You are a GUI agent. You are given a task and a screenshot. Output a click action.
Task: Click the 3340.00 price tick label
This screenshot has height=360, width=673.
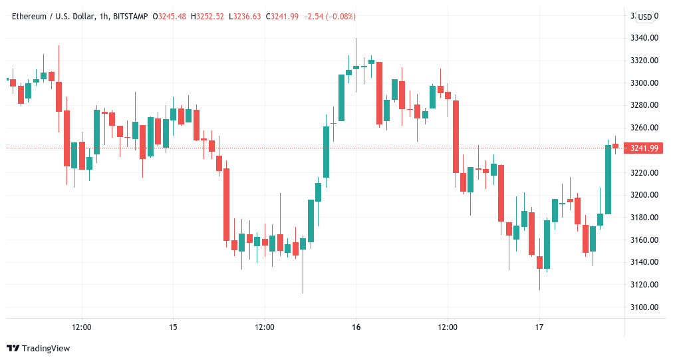click(x=644, y=38)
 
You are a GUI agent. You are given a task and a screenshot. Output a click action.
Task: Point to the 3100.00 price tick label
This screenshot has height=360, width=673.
click(x=644, y=307)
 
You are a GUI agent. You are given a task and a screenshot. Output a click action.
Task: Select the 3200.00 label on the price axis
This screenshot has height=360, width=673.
click(x=644, y=195)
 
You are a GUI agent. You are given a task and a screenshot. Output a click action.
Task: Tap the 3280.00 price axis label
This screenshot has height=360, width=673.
click(x=644, y=105)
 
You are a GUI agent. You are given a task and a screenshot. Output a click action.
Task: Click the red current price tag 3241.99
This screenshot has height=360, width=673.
click(x=644, y=148)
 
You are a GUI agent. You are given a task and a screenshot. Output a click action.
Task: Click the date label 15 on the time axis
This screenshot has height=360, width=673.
click(x=173, y=327)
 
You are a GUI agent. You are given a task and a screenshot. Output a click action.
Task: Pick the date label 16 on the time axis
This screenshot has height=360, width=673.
click(x=356, y=327)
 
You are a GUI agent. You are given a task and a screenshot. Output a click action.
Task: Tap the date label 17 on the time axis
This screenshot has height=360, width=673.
click(x=539, y=327)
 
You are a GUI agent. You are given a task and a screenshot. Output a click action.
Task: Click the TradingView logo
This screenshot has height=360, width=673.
click(x=38, y=348)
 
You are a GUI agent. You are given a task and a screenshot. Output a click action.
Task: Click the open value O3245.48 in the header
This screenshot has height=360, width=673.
click(x=170, y=17)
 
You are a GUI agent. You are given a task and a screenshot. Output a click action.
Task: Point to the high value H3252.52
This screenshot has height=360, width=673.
click(x=208, y=17)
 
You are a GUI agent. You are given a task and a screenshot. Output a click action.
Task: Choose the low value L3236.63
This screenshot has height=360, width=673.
click(x=245, y=17)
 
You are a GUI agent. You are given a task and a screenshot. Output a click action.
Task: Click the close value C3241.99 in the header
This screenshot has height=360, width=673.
click(x=283, y=17)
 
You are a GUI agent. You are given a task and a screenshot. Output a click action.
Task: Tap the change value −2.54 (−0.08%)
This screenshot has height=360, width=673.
click(x=331, y=17)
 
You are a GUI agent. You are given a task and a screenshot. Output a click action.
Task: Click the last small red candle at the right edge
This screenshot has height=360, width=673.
click(x=616, y=146)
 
